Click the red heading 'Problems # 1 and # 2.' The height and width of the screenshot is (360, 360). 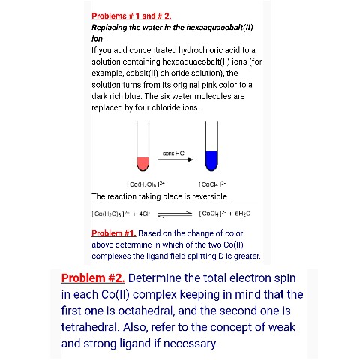point(131,16)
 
